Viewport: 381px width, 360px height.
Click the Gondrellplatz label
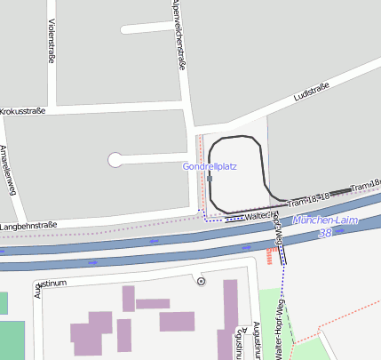210,166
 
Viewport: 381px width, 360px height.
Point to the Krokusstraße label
23,111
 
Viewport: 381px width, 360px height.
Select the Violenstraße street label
51,41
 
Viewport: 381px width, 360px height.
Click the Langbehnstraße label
28,227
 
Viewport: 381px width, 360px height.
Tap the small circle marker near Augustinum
201,281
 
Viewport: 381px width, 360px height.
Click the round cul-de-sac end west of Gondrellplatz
115,160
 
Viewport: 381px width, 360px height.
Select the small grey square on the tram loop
210,179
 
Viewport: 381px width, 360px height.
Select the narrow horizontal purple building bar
152,303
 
